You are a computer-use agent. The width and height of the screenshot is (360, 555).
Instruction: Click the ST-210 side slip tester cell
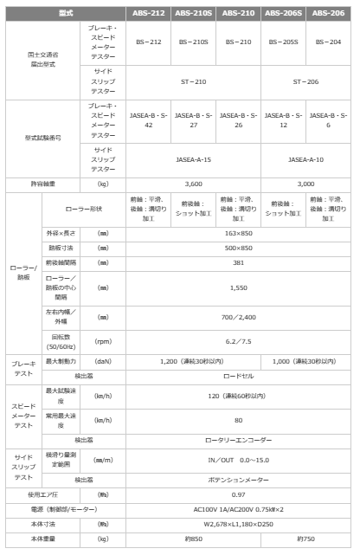click(x=196, y=82)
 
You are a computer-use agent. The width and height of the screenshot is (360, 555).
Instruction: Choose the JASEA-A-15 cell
click(x=196, y=158)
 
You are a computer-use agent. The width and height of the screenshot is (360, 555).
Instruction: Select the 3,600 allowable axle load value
click(x=196, y=184)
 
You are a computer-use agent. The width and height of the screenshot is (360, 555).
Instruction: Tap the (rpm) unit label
click(x=104, y=341)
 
